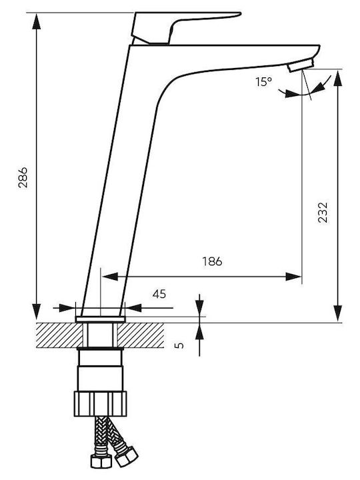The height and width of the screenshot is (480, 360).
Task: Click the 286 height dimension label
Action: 23,177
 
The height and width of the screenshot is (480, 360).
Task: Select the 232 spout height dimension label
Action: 323,212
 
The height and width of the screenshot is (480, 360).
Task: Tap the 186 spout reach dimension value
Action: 212,261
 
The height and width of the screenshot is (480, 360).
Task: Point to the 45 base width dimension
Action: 159,294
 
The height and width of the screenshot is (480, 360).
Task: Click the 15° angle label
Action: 264,82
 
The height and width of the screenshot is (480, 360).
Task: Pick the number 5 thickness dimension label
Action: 180,345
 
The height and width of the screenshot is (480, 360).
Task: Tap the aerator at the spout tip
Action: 301,65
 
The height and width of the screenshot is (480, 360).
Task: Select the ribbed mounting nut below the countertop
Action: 100,403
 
